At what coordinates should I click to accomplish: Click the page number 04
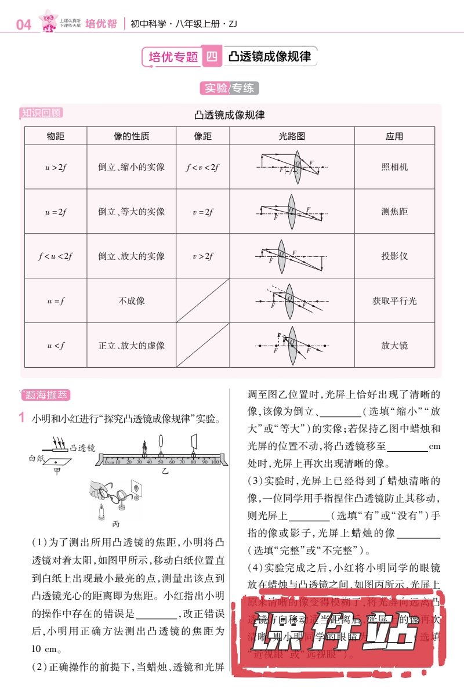pyautogui.click(x=24, y=24)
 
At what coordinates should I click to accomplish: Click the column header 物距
pyautogui.click(x=56, y=136)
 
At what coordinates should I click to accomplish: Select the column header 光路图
pyautogui.click(x=292, y=136)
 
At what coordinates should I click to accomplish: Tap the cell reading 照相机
pyautogui.click(x=394, y=166)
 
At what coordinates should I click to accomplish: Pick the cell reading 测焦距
pyautogui.click(x=394, y=212)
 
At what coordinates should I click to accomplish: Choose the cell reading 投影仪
pyautogui.click(x=394, y=256)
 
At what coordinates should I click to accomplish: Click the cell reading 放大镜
pyautogui.click(x=394, y=345)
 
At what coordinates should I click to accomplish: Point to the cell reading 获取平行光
pyautogui.click(x=394, y=300)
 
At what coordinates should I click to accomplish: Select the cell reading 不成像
pyautogui.click(x=132, y=300)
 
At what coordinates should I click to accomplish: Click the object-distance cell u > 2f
pyautogui.click(x=56, y=167)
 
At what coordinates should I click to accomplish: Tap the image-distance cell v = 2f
pyautogui.click(x=203, y=212)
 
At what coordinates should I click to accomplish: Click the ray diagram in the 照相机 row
pyautogui.click(x=292, y=166)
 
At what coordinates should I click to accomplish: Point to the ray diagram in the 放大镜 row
pyautogui.click(x=292, y=345)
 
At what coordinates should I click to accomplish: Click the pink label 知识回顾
pyautogui.click(x=41, y=113)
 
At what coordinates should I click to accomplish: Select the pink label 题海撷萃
pyautogui.click(x=46, y=396)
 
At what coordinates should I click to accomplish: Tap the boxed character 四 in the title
pyautogui.click(x=212, y=56)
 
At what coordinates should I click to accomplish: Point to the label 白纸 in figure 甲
pyautogui.click(x=37, y=458)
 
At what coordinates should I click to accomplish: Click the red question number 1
pyautogui.click(x=21, y=418)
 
